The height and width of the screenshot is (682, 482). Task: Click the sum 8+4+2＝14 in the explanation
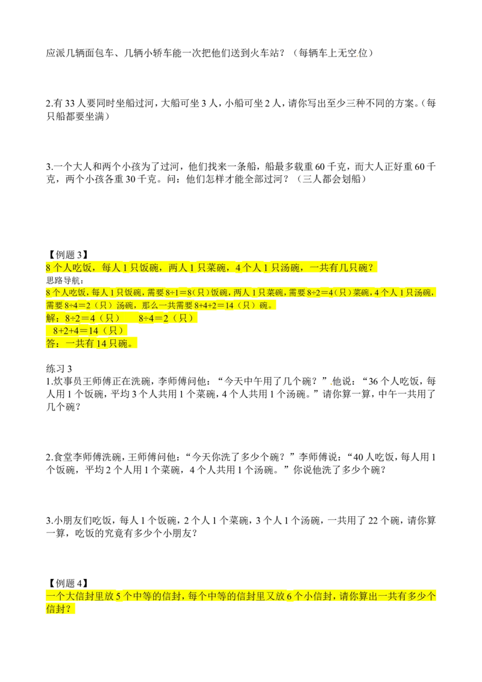coord(215,305)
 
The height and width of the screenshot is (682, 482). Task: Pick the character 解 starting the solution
coord(50,318)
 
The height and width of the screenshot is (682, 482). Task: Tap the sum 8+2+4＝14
coord(79,331)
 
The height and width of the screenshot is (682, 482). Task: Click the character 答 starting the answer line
coord(50,344)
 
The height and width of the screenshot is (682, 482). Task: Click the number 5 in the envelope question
coord(118,596)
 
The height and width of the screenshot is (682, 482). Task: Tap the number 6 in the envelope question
coord(289,596)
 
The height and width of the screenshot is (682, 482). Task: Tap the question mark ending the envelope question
coord(74,610)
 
